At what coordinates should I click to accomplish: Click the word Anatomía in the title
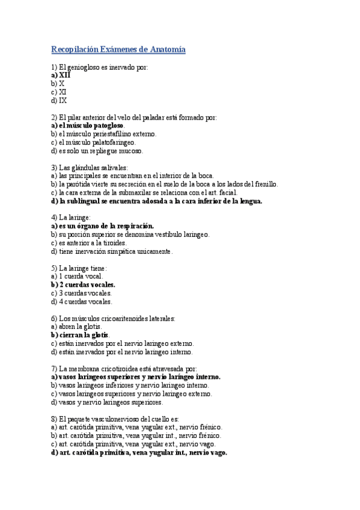(165, 49)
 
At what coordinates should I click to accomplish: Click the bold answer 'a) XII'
(61, 75)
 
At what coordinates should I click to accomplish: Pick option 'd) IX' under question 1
(59, 100)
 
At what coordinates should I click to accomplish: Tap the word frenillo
(265, 184)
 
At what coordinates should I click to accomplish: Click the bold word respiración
(138, 226)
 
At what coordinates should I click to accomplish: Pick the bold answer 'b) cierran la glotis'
(79, 335)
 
